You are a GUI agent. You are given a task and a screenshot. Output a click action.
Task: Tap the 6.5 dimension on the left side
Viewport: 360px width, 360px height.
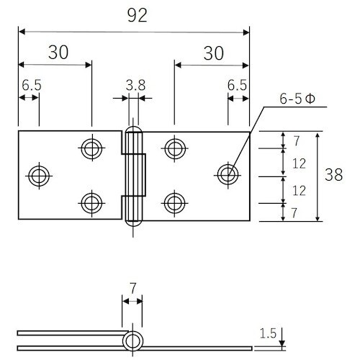(x=31, y=85)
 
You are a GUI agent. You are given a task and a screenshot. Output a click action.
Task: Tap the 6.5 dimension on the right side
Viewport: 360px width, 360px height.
(x=238, y=85)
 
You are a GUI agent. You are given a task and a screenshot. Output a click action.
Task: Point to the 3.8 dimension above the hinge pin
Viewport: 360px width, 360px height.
(x=135, y=85)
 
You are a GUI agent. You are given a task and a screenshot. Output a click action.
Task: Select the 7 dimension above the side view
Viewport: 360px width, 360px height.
(x=132, y=288)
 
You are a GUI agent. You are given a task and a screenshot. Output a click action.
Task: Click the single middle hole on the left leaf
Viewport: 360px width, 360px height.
(x=38, y=174)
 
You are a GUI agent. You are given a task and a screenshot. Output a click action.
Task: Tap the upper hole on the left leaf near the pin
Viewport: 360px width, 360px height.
(x=91, y=148)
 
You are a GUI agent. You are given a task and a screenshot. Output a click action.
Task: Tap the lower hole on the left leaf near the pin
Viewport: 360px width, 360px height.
(x=91, y=202)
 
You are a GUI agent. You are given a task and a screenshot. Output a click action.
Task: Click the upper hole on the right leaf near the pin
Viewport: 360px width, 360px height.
(x=174, y=148)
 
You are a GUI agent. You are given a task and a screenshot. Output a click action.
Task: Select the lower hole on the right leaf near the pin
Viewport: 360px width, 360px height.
(x=174, y=202)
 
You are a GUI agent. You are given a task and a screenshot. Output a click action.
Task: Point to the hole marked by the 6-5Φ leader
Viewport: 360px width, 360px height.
(x=228, y=174)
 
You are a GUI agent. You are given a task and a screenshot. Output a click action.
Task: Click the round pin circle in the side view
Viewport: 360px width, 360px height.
(x=132, y=341)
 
